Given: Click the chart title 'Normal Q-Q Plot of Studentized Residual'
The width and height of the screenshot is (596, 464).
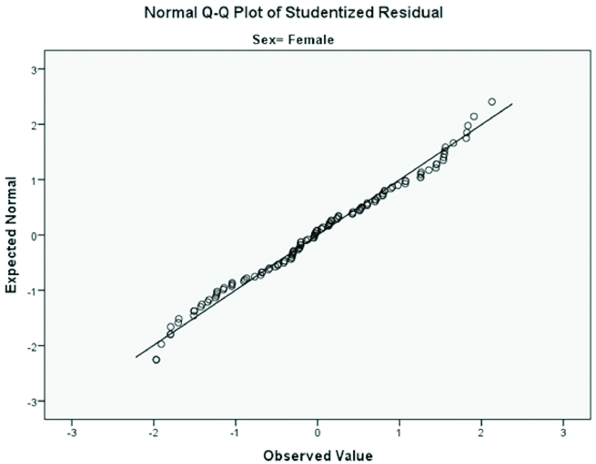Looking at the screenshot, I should [294, 13].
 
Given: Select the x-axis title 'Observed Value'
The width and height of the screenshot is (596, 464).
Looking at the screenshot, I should [318, 456].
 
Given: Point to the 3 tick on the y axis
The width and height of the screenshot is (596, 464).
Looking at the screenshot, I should [33, 69].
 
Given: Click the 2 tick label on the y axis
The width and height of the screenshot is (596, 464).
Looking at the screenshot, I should [33, 125].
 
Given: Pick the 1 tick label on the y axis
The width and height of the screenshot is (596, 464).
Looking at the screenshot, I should [33, 180].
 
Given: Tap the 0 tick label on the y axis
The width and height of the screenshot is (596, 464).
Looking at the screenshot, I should [33, 235].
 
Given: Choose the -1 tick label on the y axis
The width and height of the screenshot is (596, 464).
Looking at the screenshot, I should [32, 291].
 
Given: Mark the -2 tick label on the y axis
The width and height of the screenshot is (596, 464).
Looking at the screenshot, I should [32, 346].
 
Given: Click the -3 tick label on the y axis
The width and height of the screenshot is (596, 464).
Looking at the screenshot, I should [32, 401].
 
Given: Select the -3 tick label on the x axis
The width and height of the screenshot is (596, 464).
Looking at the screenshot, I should [71, 431].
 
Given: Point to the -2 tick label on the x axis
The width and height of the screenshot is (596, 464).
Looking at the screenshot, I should [153, 431].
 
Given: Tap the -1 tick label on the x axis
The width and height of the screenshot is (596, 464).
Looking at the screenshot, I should [235, 431].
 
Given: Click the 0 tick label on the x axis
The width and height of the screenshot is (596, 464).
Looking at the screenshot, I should [318, 431].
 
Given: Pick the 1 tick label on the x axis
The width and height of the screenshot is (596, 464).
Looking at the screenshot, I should [400, 431].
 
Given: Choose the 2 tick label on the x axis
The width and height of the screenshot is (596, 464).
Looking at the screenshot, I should [481, 431].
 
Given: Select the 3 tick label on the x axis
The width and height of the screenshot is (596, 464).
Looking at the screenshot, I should [563, 431].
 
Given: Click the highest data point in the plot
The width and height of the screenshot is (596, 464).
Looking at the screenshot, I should [492, 102].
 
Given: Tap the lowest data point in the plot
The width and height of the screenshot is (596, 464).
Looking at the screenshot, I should [156, 359].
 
